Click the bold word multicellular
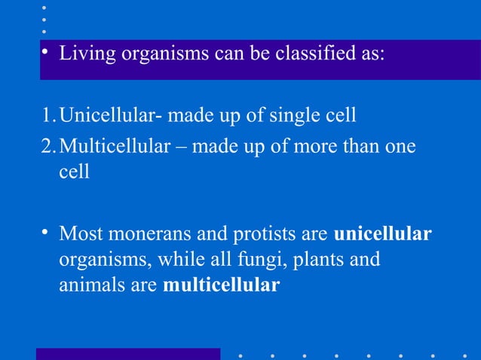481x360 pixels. [x=221, y=286]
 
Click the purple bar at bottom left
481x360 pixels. [x=128, y=354]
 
